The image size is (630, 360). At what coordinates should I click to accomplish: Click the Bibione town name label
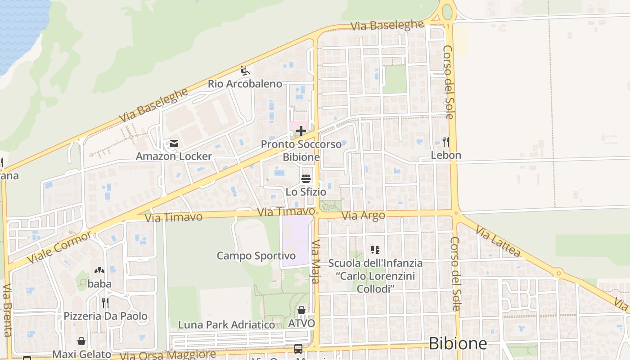(458, 344)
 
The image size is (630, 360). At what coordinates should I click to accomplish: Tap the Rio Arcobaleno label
(245, 84)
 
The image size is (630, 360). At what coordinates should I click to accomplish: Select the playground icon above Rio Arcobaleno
(244, 71)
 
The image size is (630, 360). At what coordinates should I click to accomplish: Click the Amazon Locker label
(174, 157)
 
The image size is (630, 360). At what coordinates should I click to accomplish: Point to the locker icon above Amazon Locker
(174, 144)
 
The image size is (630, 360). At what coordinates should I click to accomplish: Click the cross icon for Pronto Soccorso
(301, 131)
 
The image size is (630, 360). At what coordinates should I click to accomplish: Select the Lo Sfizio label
(306, 192)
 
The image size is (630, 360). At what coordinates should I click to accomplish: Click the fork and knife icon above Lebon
(446, 142)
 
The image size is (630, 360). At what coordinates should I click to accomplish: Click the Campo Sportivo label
(256, 256)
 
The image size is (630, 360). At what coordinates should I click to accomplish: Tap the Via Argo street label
(363, 216)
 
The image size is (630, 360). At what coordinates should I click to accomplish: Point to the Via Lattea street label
(498, 243)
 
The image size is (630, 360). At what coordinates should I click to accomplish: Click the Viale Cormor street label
(59, 247)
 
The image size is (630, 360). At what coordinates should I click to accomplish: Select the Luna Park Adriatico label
(226, 325)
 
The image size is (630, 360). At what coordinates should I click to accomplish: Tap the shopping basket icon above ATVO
(301, 310)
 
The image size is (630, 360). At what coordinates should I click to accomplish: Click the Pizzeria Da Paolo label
(105, 316)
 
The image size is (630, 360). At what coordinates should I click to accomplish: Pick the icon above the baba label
(99, 270)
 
